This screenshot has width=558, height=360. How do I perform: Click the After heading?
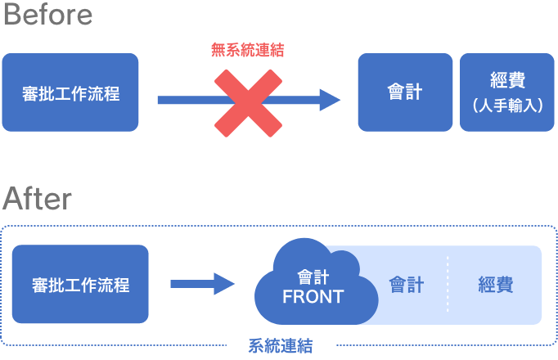[37, 198]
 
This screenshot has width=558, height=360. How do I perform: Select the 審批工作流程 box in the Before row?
[70, 92]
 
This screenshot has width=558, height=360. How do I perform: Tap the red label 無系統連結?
[247, 50]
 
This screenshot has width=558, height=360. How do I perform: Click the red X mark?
[248, 101]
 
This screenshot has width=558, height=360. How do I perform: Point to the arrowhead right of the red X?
[331, 100]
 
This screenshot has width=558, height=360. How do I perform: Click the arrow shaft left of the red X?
[184, 100]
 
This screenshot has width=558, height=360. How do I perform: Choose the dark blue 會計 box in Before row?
[405, 92]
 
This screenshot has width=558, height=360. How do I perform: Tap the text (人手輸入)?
[507, 106]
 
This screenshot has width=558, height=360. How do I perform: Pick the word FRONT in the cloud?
[313, 297]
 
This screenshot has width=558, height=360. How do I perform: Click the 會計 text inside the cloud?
[313, 277]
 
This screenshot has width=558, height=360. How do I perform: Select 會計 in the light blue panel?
[407, 285]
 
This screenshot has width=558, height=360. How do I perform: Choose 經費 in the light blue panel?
[496, 285]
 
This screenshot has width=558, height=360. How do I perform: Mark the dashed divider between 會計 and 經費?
[448, 285]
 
